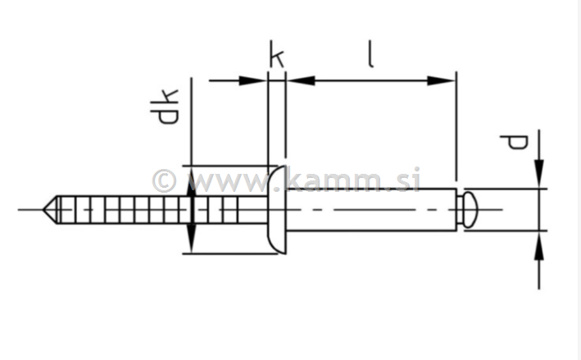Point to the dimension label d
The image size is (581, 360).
tap(515, 143)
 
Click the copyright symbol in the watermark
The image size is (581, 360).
tap(164, 180)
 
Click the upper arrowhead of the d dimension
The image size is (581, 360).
tap(539, 176)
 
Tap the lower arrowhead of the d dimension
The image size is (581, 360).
tap(539, 244)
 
